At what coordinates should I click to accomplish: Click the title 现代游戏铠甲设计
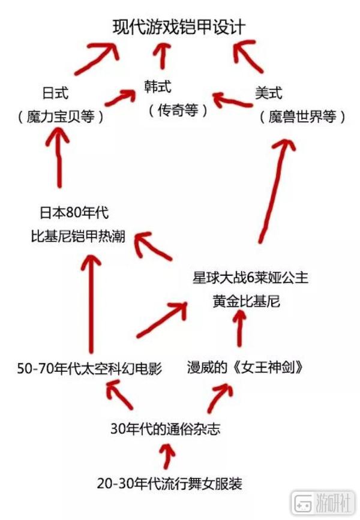179,27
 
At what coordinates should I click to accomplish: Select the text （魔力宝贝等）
60,117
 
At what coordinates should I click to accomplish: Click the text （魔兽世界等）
302,117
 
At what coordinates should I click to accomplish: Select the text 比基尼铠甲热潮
78,236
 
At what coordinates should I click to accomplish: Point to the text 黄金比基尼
246,302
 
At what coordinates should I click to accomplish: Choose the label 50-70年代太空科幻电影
90,368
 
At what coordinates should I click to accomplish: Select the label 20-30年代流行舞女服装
169,482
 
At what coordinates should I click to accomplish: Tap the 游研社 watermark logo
323,503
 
